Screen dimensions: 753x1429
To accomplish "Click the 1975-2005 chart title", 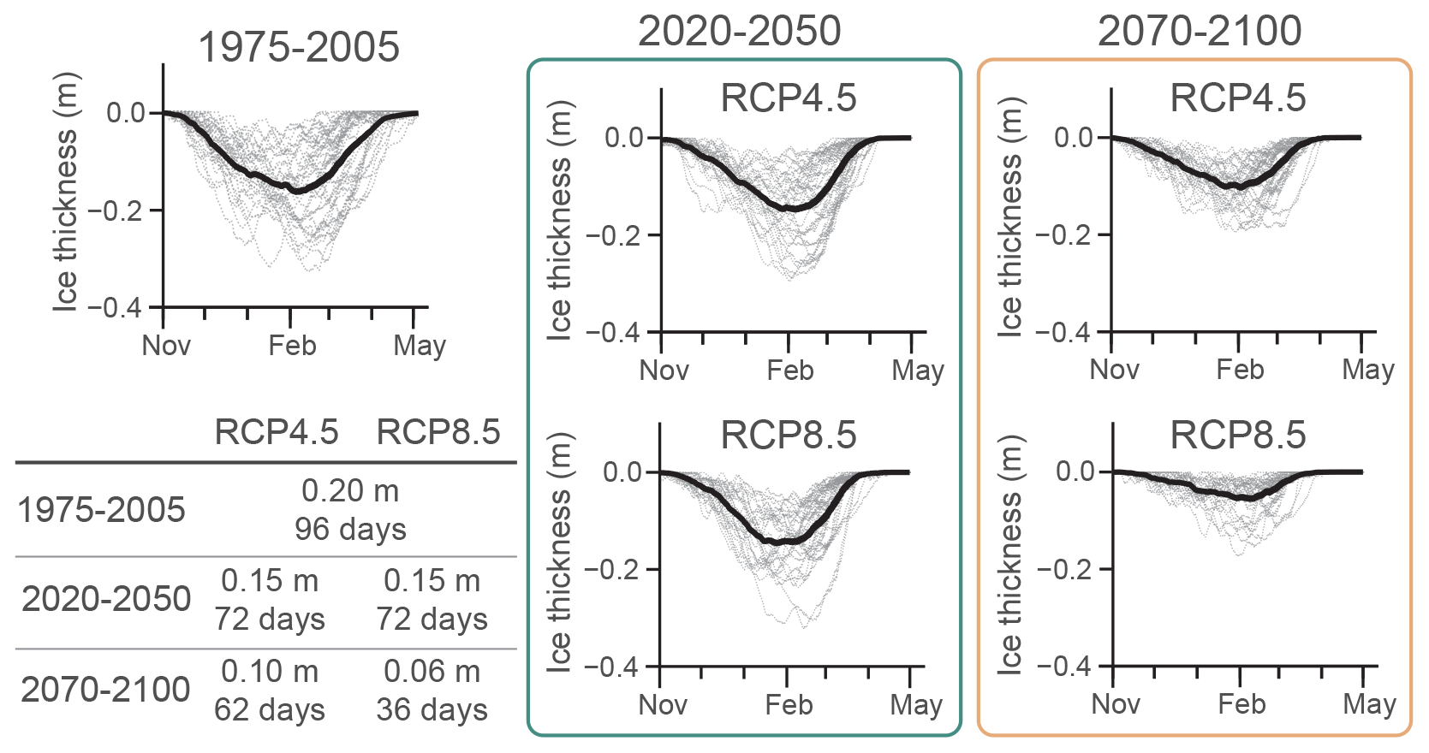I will coord(299,47).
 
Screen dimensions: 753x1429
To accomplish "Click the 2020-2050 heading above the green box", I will coord(740,32).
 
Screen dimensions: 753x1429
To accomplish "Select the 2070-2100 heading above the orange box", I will coord(1200,32).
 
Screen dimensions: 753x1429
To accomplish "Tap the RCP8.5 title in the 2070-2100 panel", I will coord(1238,436).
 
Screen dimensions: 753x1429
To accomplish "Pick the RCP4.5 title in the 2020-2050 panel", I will coord(789,98).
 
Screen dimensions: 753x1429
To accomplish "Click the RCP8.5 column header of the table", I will coord(438,432).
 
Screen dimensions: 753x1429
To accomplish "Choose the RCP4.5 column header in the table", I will coord(276,432).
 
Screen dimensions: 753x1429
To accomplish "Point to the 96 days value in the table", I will coord(350,529).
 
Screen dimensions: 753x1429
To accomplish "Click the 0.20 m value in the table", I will coord(350,490).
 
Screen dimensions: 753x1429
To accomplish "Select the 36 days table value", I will coord(432,709).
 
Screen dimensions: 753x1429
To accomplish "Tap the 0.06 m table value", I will coord(432,672).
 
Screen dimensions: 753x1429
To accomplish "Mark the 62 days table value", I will coord(270,709).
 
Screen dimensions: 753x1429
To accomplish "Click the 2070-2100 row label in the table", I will coord(105,690).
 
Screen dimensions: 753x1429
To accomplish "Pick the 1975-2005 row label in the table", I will coord(102,510).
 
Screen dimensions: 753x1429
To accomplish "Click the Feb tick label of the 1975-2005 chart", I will coord(292,346).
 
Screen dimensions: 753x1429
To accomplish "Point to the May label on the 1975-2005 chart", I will coord(420,346).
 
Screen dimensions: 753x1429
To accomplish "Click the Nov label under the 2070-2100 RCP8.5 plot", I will coord(1116,704).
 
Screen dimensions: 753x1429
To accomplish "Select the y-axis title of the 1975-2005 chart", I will coord(65,192).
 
